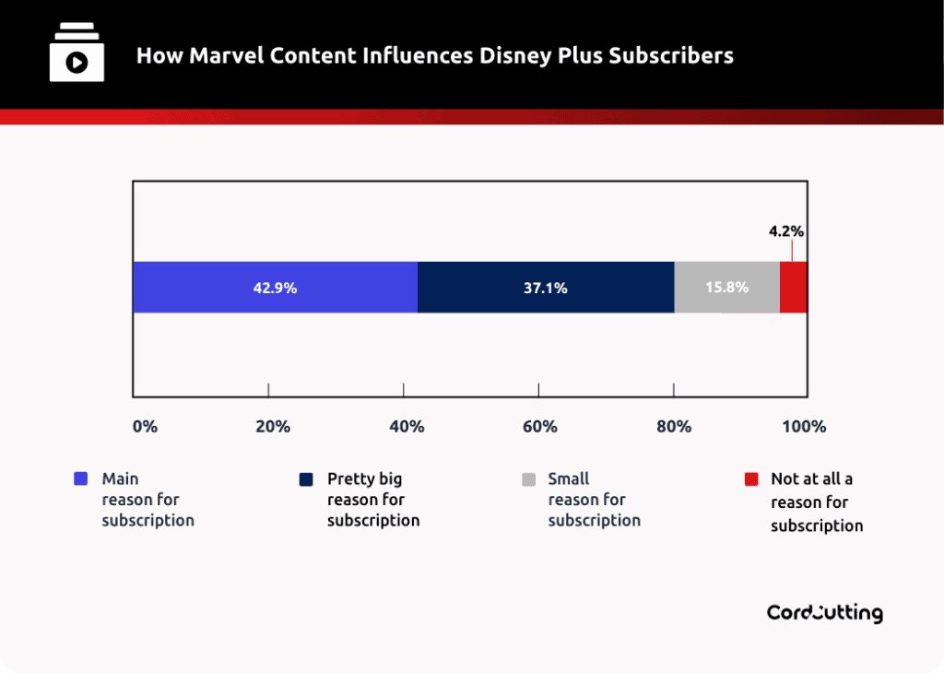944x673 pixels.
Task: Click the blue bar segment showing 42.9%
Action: tap(275, 288)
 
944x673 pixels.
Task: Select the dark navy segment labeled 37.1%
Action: tap(546, 288)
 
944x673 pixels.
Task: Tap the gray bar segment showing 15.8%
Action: tap(726, 288)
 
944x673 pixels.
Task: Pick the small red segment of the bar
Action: tap(794, 288)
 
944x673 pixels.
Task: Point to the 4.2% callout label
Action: tap(786, 231)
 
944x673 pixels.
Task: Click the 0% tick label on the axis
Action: tap(146, 427)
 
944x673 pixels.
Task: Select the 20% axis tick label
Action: tap(273, 427)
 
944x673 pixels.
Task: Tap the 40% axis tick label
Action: tap(407, 427)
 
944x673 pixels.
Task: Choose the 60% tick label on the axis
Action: tap(540, 427)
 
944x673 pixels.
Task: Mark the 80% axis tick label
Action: tap(674, 427)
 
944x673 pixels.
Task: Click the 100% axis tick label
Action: tap(805, 427)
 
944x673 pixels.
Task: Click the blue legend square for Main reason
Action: tap(80, 479)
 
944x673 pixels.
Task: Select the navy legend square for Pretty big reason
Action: tap(305, 479)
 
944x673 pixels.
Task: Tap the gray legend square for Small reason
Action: tap(528, 479)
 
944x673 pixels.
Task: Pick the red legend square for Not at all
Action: tap(751, 479)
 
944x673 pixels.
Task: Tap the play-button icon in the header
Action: tap(77, 62)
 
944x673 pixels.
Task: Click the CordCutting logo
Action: tap(824, 613)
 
